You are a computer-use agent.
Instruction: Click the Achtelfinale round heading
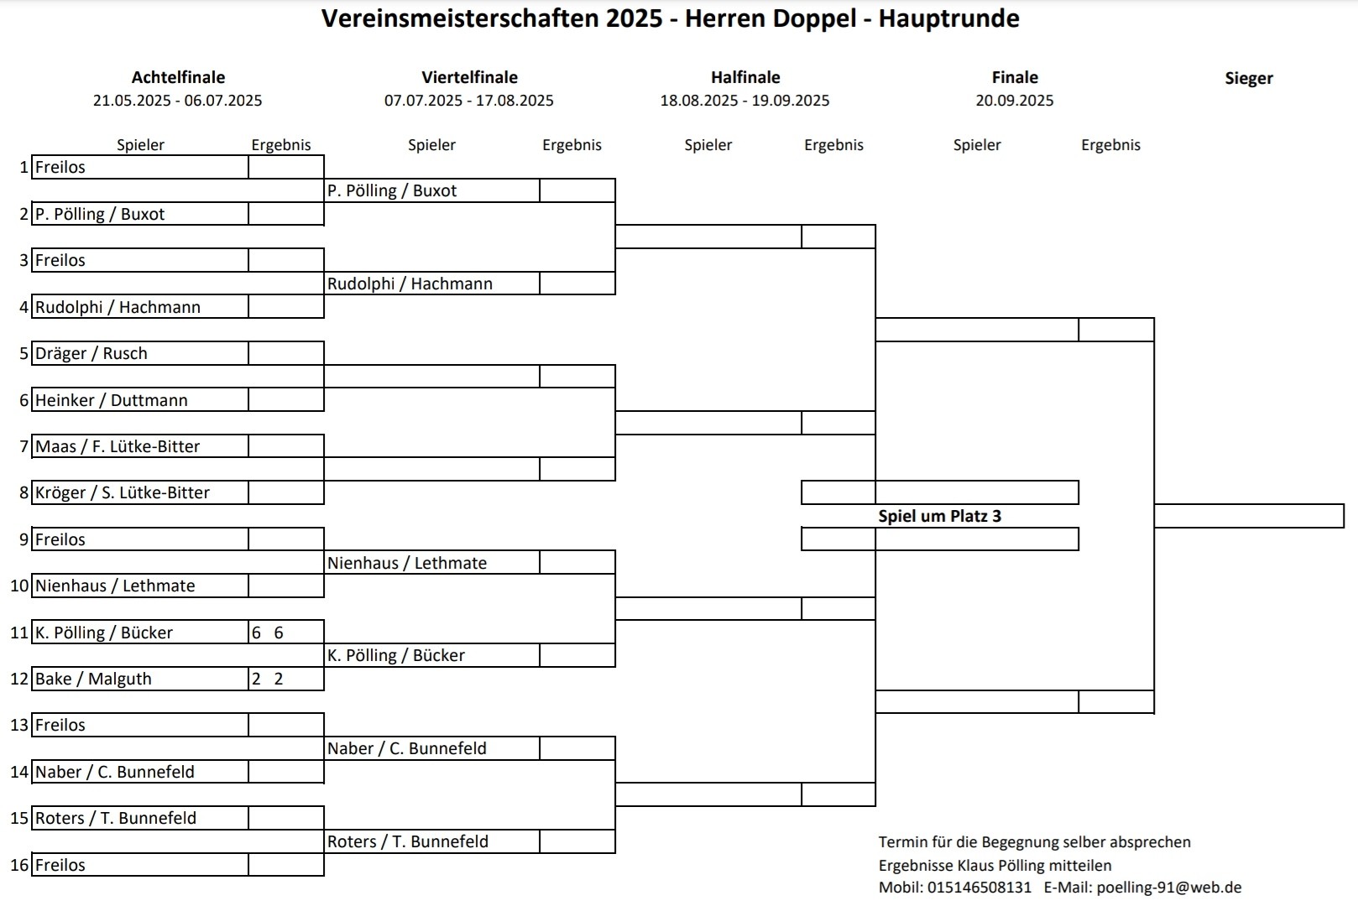[178, 77]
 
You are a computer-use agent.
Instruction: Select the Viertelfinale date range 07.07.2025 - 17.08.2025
[468, 101]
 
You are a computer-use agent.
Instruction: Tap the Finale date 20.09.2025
[1014, 101]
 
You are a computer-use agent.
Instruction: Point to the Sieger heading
[1249, 79]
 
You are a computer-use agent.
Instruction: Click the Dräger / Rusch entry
[91, 353]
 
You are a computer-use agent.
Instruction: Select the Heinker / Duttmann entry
[112, 400]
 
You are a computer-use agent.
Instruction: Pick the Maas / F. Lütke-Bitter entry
[118, 446]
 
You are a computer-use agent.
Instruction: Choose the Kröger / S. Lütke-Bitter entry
[123, 492]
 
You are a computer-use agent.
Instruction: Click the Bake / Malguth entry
[93, 679]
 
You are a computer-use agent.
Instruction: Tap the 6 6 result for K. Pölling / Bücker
[268, 633]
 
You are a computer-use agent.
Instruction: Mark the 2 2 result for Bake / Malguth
[268, 679]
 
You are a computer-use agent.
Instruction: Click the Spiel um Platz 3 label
[940, 516]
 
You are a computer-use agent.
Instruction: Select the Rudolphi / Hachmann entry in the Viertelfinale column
[410, 284]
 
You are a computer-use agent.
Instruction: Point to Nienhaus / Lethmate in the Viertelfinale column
[407, 563]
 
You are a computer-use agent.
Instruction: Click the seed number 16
[19, 865]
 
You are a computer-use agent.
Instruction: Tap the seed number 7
[24, 446]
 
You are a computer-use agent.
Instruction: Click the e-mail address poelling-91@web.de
[1169, 888]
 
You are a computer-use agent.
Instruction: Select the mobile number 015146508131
[979, 888]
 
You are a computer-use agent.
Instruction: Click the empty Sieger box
[1249, 516]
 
